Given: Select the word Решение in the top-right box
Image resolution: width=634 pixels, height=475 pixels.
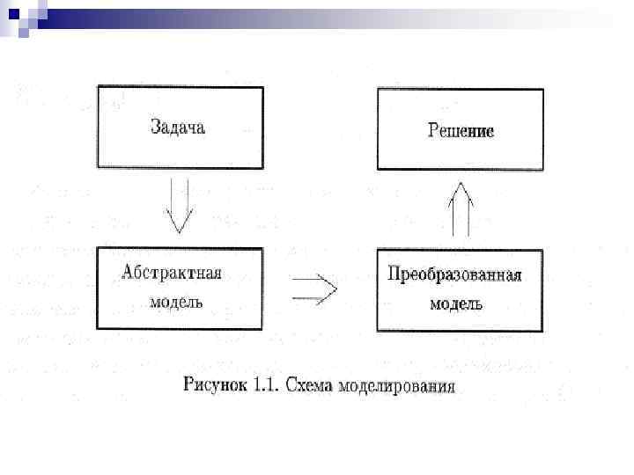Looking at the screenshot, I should tap(461, 131).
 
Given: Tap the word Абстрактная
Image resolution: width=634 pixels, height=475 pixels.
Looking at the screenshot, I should tap(172, 274).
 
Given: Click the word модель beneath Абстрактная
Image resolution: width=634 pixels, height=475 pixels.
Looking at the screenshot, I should tap(176, 301).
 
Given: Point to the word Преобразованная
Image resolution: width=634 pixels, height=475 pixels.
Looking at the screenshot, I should tap(455, 275).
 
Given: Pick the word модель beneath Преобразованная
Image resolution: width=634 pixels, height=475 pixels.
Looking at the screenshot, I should tap(455, 303).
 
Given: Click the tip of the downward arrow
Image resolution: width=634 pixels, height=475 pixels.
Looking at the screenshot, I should tap(180, 232).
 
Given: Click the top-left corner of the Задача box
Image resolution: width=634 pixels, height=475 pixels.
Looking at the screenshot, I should tap(98, 85).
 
